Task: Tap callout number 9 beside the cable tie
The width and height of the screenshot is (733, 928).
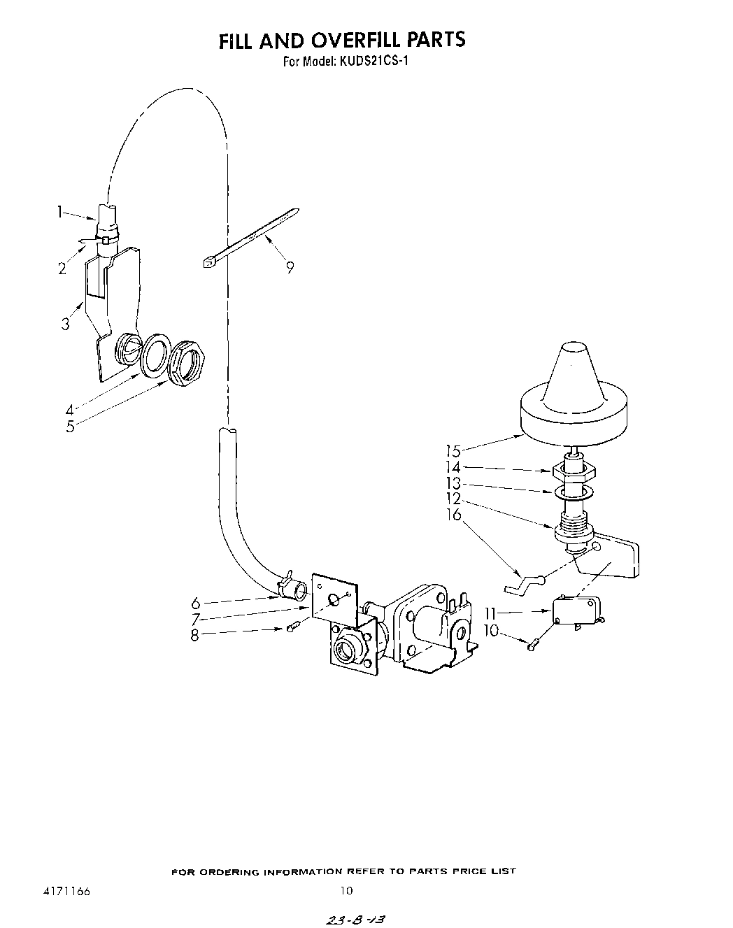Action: coord(290,266)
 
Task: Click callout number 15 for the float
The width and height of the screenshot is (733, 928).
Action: coord(453,451)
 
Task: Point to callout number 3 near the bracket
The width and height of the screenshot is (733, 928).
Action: coord(65,324)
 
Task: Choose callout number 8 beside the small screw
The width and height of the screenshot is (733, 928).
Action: coord(194,635)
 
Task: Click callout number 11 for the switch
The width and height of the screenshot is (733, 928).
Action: coord(490,613)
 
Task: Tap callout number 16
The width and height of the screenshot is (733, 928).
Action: coord(454,515)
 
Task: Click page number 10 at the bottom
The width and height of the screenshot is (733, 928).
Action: coord(346,891)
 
